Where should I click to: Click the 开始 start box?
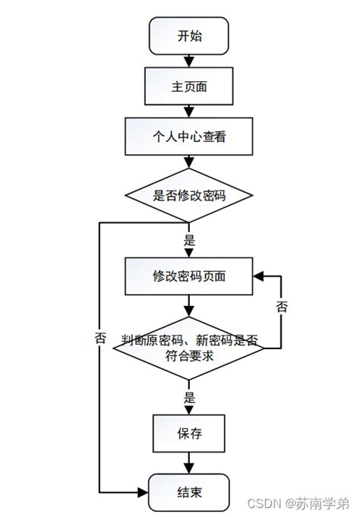[189, 36]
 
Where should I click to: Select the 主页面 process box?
[189, 87]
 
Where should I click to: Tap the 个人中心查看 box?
[189, 138]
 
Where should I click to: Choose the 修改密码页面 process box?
[189, 276]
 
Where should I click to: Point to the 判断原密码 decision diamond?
[189, 348]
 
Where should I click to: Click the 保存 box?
[189, 434]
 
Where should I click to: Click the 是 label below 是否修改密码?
[190, 241]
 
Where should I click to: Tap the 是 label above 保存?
[190, 398]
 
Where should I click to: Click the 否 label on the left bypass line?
[100, 339]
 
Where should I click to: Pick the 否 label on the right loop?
[282, 307]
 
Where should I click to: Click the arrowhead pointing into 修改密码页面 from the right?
[259, 276]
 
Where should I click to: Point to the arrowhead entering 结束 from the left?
[143, 491]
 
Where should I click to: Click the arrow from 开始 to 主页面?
[189, 61]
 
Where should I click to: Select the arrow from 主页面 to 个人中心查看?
[189, 112]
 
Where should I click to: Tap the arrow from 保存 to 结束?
[189, 464]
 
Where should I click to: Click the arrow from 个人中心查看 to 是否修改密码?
[189, 166]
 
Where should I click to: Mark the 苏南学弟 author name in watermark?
[323, 503]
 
